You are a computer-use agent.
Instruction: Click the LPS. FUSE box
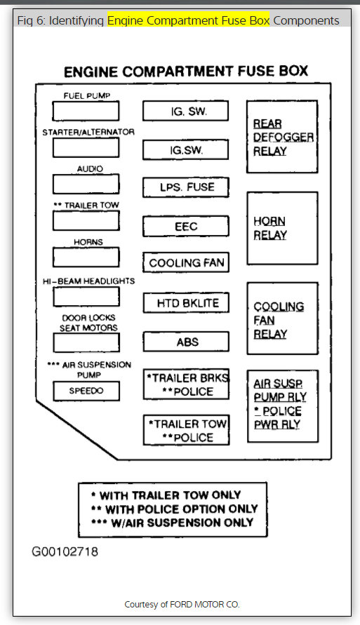coord(186,187)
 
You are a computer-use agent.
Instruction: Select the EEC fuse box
coord(186,227)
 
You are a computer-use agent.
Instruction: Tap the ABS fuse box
coord(186,342)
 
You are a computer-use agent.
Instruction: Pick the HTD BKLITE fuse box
coord(186,303)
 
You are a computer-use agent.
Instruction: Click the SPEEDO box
coord(86,391)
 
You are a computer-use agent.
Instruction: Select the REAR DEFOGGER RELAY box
coord(281,137)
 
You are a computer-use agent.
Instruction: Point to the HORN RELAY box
coord(281,228)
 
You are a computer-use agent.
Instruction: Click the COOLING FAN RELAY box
coord(281,320)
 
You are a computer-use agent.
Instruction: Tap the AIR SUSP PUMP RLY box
coord(281,404)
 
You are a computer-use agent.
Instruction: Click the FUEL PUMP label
coord(86,95)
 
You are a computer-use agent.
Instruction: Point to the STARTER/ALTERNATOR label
coord(88,132)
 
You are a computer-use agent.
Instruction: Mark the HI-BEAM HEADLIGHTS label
coord(88,281)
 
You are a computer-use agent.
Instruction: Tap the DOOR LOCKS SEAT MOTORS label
coord(88,323)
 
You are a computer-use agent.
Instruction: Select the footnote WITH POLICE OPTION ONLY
coord(174,509)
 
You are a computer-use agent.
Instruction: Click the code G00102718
coord(65,551)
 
